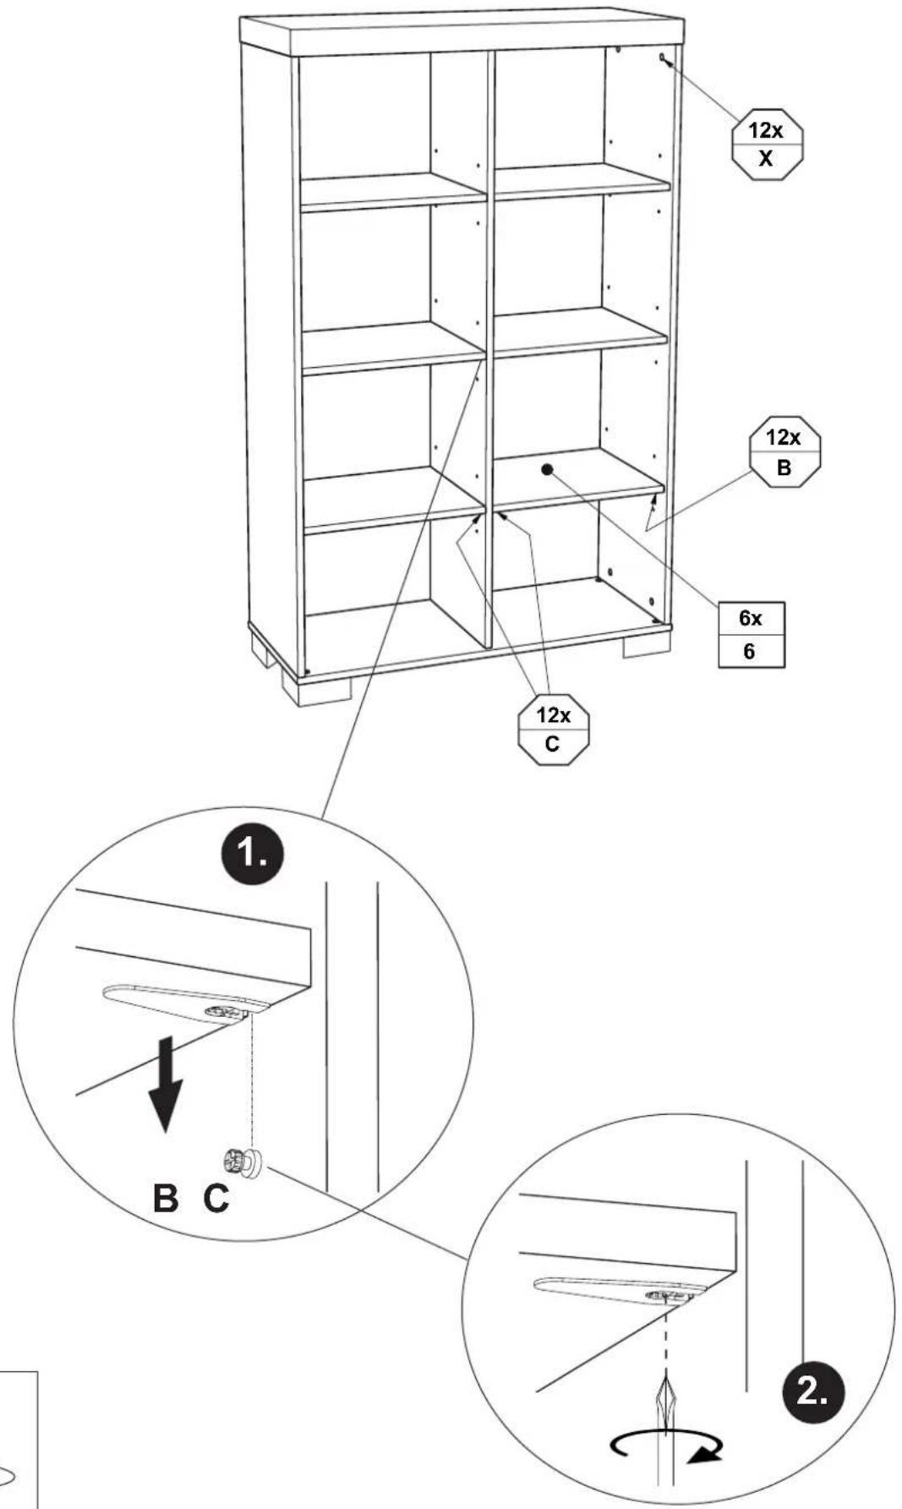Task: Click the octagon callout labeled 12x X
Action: pyautogui.click(x=766, y=144)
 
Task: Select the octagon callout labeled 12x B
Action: pyautogui.click(x=784, y=451)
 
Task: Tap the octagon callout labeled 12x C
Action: pyautogui.click(x=553, y=729)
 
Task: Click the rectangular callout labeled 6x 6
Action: pyautogui.click(x=751, y=635)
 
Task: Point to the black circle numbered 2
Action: pyautogui.click(x=812, y=1391)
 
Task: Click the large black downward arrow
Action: pyautogui.click(x=167, y=1086)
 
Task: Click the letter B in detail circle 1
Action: pyautogui.click(x=166, y=1198)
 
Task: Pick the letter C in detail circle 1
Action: pyautogui.click(x=216, y=1198)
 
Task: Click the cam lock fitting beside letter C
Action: pyautogui.click(x=243, y=1162)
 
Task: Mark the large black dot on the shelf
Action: pyautogui.click(x=547, y=469)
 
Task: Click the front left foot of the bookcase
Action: pyautogui.click(x=315, y=689)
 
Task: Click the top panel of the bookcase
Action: pyautogui.click(x=462, y=35)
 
